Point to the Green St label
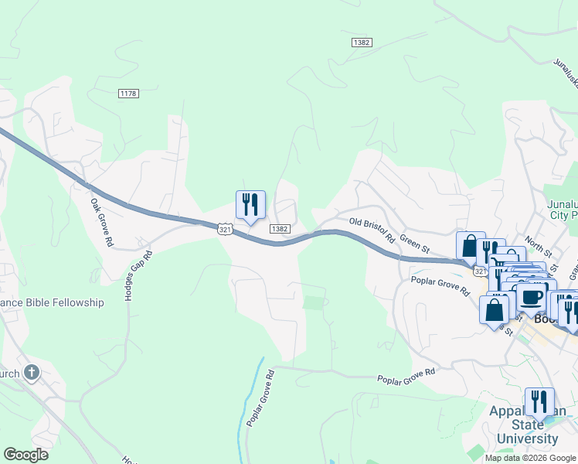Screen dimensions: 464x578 click(416, 244)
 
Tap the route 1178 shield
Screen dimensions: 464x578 click(128, 94)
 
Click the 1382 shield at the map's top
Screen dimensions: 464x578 click(360, 42)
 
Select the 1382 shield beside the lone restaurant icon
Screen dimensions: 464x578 click(280, 229)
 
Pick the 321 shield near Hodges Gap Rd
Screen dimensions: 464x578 click(225, 230)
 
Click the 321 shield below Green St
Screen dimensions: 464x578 click(479, 271)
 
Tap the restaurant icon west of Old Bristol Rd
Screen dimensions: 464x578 click(250, 205)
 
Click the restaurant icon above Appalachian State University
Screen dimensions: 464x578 click(539, 401)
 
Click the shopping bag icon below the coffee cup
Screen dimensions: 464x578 click(494, 310)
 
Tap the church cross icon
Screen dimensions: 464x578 click(32, 374)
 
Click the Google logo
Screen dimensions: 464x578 click(25, 455)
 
